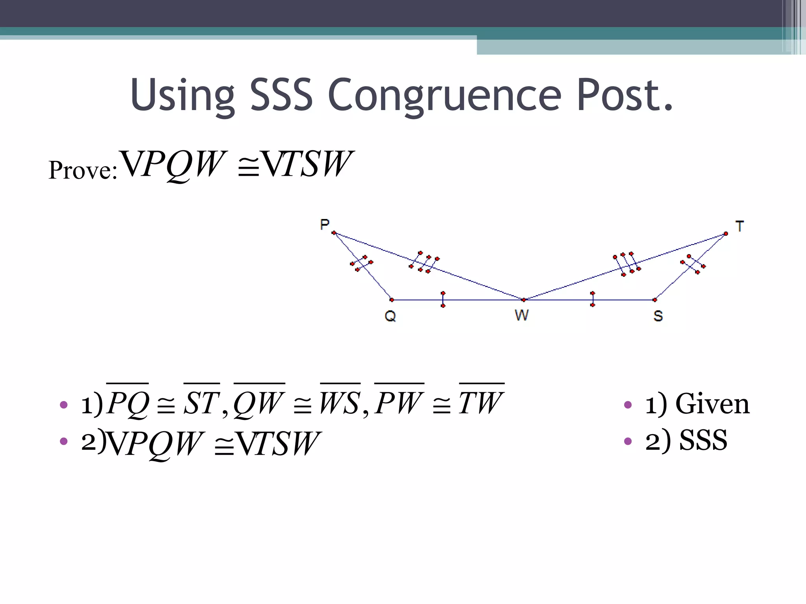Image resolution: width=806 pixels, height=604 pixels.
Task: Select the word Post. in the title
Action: pos(625,94)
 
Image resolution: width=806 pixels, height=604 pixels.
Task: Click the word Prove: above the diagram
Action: pos(83,170)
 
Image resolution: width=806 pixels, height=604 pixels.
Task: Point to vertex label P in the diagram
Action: pos(325,225)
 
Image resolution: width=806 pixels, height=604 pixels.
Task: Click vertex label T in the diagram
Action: pos(739,226)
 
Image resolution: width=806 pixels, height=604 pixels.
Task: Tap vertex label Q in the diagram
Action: pos(390,316)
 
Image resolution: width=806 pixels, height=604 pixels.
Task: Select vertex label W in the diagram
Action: pos(522,315)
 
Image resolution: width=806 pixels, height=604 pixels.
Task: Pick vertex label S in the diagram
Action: pos(658,316)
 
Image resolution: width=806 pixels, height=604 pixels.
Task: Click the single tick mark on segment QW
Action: pos(443,299)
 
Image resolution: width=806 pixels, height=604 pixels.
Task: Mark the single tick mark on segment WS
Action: pos(593,299)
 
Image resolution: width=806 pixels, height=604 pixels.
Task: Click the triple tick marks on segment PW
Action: pos(424,262)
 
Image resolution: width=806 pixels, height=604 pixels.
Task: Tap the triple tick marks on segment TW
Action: pos(627,264)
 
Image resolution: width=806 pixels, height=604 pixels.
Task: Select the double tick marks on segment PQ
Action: pos(361,263)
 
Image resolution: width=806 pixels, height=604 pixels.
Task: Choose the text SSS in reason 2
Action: pos(703,440)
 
